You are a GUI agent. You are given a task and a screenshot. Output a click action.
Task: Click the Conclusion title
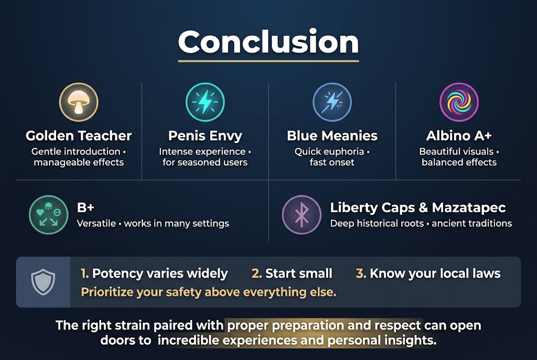click(x=268, y=41)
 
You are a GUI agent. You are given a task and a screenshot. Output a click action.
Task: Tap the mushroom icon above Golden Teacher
click(x=79, y=102)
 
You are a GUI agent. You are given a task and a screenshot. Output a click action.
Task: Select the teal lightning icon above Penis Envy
click(x=205, y=102)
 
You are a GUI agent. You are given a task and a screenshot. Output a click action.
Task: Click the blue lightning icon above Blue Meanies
click(x=332, y=102)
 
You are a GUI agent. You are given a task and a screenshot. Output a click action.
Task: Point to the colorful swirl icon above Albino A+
click(x=459, y=102)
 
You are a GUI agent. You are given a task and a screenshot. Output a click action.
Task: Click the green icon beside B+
click(x=49, y=215)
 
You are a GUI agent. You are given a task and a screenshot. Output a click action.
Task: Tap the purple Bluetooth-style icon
click(x=302, y=215)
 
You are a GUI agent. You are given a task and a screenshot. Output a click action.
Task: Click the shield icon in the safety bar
click(x=43, y=282)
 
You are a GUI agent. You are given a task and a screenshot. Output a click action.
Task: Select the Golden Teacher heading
click(x=79, y=136)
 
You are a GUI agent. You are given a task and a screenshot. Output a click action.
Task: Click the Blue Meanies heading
click(x=332, y=136)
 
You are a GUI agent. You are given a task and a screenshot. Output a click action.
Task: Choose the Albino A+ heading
click(x=459, y=136)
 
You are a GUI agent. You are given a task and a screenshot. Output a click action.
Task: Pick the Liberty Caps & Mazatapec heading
click(x=417, y=208)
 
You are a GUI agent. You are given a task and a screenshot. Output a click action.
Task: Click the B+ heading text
click(x=85, y=208)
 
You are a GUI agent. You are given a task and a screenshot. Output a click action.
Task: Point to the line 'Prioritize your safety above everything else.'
click(x=209, y=292)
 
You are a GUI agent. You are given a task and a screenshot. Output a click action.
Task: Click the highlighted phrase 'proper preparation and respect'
click(x=324, y=325)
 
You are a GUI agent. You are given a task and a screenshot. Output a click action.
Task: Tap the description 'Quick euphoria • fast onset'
click(x=332, y=157)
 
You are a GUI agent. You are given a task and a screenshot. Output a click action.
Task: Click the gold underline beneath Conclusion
click(x=268, y=61)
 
